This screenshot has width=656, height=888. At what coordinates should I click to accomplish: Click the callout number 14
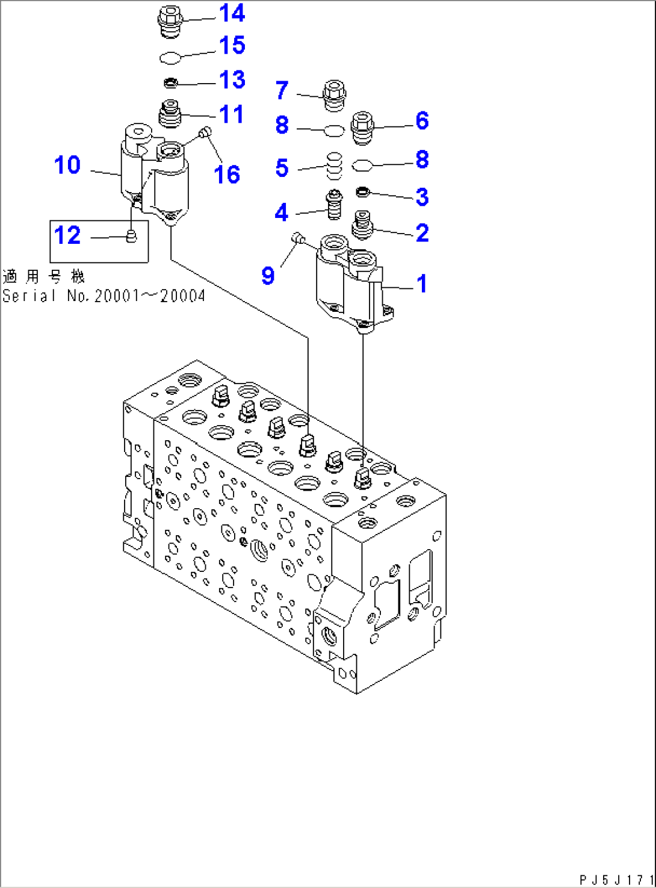[x=232, y=13]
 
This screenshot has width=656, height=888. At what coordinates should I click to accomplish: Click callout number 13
[x=232, y=79]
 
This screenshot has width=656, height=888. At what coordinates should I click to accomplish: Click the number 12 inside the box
[x=67, y=235]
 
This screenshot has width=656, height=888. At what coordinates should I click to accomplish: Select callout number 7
[x=282, y=90]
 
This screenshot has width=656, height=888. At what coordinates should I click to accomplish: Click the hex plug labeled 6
[x=362, y=128]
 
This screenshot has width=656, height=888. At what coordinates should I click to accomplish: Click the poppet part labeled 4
[x=334, y=205]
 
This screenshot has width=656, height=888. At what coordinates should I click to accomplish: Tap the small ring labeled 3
[x=362, y=192]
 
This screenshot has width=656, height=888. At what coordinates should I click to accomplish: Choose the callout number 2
[x=422, y=233]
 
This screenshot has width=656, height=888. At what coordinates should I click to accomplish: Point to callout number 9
[x=268, y=275]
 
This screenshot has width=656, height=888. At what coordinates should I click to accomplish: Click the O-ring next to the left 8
[x=334, y=130]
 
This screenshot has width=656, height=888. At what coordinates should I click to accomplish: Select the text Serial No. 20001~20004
[x=104, y=296]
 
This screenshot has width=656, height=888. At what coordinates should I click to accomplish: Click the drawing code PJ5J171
[x=616, y=880]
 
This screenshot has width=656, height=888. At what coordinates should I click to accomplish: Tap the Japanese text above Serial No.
[x=43, y=277]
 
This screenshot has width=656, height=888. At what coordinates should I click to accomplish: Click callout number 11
[x=232, y=114]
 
